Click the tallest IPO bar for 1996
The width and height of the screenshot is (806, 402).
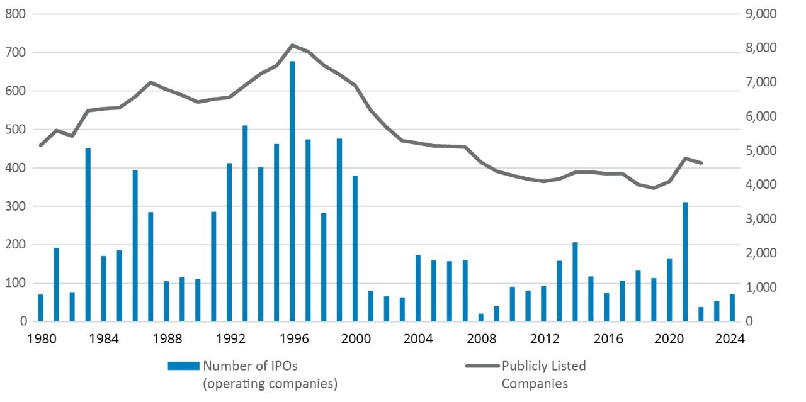coord(292,191)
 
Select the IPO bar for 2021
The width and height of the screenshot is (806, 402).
coord(685,262)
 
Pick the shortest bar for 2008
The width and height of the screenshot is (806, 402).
coord(481,318)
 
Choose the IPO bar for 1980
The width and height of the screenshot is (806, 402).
coord(41,308)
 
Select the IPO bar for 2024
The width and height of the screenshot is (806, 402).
coord(732,308)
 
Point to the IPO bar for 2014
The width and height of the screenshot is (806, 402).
coord(575,282)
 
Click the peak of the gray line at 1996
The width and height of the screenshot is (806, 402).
coord(292,45)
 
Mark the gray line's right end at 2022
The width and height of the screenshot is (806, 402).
coord(701,163)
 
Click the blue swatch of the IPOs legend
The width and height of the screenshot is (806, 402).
coord(183,366)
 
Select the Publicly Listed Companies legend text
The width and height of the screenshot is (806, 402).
coord(543,374)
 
